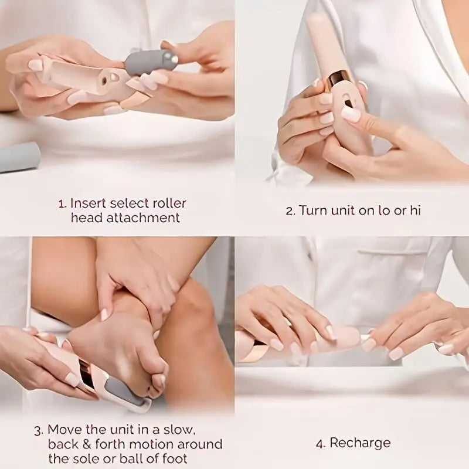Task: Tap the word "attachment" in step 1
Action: pyautogui.click(x=150, y=218)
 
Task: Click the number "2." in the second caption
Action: pyautogui.click(x=290, y=211)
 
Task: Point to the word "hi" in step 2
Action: pyautogui.click(x=415, y=210)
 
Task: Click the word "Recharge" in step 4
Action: pyautogui.click(x=361, y=443)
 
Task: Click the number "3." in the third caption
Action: pyautogui.click(x=38, y=430)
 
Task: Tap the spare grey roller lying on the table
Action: pyautogui.click(x=19, y=157)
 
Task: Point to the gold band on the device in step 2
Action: pyautogui.click(x=340, y=79)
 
